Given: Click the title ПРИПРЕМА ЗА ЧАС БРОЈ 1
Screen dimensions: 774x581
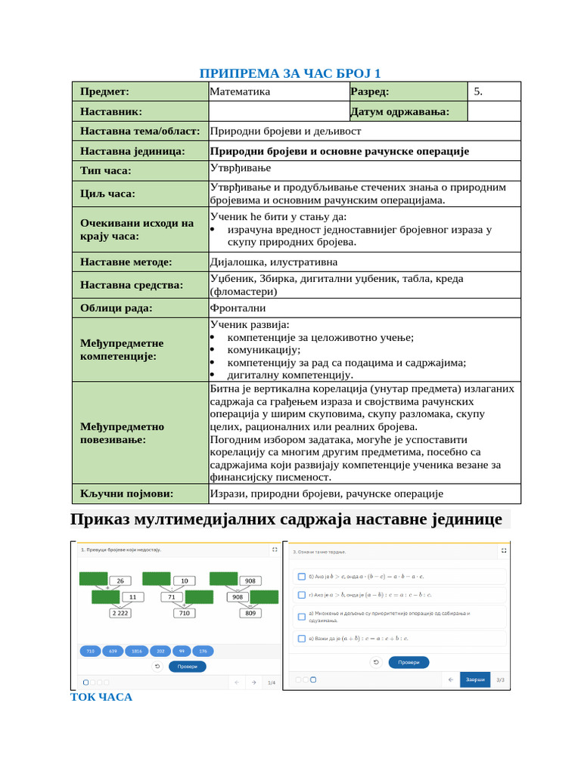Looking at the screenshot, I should click(x=290, y=73).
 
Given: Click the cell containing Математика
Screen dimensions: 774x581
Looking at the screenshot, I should click(x=240, y=91).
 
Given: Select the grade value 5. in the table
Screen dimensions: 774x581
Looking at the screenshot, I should click(x=478, y=91).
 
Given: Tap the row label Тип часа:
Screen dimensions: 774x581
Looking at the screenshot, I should click(x=106, y=171).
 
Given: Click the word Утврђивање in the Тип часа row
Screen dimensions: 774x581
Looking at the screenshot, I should click(x=241, y=168).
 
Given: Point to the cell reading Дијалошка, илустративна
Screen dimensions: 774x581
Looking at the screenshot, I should click(x=274, y=262).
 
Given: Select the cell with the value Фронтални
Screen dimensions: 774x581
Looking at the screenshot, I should click(x=238, y=308).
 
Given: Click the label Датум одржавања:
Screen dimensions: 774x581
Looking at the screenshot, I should click(x=400, y=112).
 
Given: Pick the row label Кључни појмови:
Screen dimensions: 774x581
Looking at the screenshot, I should click(x=127, y=494).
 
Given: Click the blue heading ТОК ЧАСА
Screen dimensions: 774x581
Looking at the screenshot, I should click(x=101, y=697).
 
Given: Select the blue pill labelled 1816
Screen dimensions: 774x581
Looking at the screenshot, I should click(x=136, y=651).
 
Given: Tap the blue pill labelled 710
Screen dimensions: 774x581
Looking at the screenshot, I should click(x=90, y=651).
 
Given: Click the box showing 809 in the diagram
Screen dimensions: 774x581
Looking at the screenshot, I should click(x=250, y=613).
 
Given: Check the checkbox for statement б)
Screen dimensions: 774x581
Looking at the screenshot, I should click(x=300, y=577).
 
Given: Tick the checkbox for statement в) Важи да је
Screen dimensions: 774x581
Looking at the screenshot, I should click(x=300, y=638).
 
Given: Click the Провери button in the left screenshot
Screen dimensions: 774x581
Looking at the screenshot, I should click(x=187, y=666).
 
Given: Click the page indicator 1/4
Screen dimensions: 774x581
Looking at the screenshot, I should click(x=272, y=683).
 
